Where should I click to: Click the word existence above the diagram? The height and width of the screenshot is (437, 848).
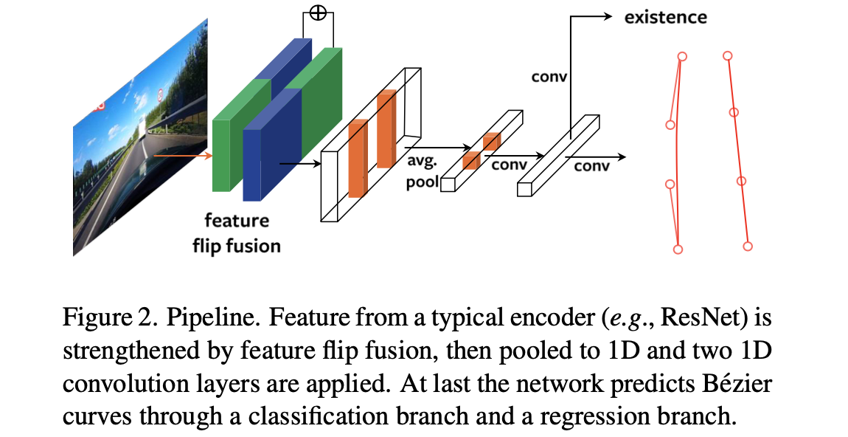click(x=665, y=17)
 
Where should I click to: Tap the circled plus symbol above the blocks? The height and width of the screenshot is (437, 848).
click(x=318, y=13)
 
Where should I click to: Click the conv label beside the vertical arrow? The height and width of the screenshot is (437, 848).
click(x=549, y=77)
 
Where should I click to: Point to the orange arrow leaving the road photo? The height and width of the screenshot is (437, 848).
click(x=181, y=156)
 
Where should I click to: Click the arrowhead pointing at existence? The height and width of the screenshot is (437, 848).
click(x=608, y=17)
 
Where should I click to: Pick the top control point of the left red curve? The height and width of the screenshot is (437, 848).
click(x=682, y=56)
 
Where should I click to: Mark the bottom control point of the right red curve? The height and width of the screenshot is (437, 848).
click(x=748, y=247)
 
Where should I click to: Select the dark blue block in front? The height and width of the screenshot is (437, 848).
click(x=271, y=145)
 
